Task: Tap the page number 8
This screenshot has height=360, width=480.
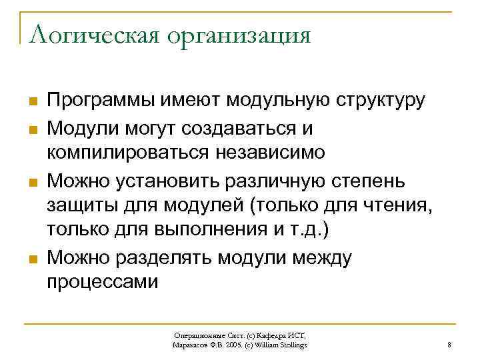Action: point(450,345)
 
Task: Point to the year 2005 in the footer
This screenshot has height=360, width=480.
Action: point(231,345)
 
